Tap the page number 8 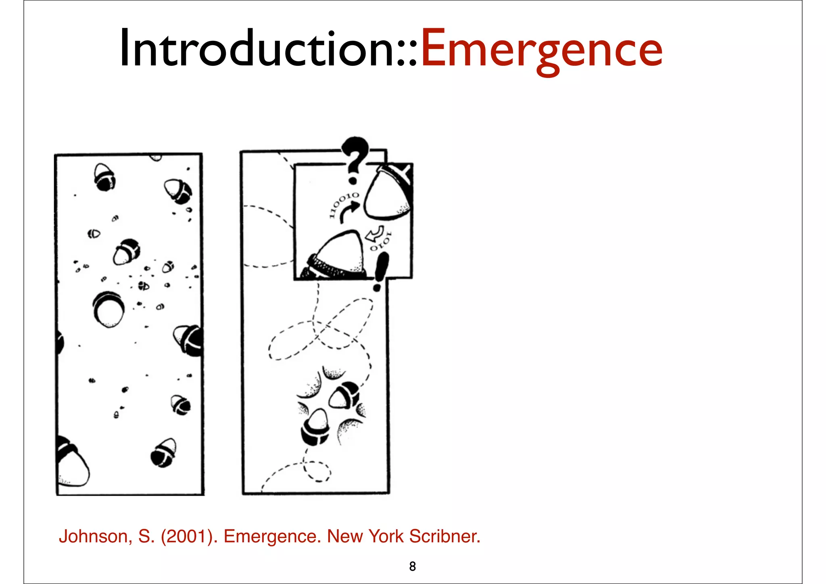pyautogui.click(x=412, y=566)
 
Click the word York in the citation pyautogui.click(x=386, y=536)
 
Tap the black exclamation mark pyautogui.click(x=380, y=271)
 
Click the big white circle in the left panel pyautogui.click(x=108, y=310)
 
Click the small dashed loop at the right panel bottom pyautogui.click(x=317, y=472)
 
